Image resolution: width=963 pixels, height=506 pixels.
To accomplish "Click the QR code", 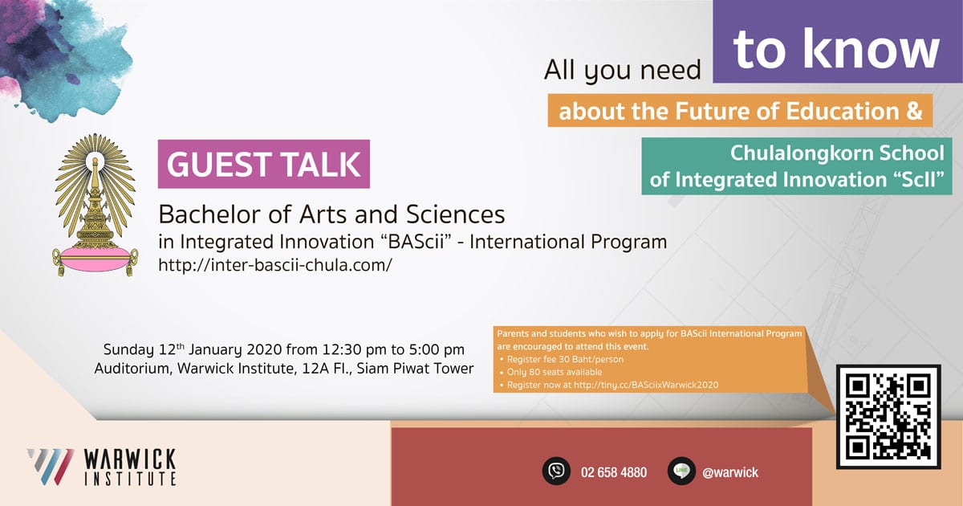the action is coord(888,416).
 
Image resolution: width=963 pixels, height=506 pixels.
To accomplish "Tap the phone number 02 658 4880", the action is coord(613,472).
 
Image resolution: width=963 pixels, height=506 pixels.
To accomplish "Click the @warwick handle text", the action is coord(730,472).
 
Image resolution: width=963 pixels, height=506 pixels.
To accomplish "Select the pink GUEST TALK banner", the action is coord(263,164).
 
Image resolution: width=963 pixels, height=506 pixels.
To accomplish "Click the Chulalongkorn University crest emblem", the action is coord(95,205).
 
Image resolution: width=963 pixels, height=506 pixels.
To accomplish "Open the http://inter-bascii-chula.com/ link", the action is coord(274,265).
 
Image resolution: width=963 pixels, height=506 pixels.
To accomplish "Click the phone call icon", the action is coord(556,471).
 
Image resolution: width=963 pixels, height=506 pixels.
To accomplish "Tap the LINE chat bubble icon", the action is coord(681,471).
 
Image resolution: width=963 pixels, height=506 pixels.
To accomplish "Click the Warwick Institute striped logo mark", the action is coord(50,467).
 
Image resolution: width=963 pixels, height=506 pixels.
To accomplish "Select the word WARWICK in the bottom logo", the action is coord(130,459).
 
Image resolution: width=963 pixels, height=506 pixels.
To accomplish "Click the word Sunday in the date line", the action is coord(128,350).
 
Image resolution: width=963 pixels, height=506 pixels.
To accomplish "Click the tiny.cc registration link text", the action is coord(646,385).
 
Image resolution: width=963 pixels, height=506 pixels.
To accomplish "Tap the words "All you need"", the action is coord(623,70).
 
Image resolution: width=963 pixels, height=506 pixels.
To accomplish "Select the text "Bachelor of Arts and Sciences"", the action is coord(331,214).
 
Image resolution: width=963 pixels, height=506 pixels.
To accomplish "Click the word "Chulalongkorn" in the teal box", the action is coord(802,153).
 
